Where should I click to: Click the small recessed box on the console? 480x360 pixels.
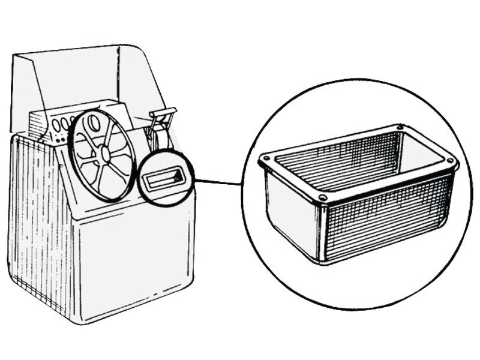167,179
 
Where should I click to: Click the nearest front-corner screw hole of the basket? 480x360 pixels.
322,197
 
